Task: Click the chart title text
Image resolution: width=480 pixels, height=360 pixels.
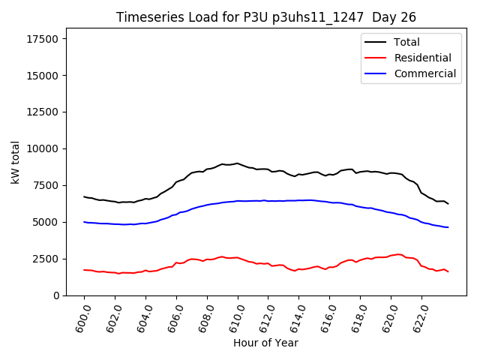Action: point(265,17)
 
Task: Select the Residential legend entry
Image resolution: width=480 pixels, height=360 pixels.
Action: point(422,58)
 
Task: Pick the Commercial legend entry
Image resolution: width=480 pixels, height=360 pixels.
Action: point(424,73)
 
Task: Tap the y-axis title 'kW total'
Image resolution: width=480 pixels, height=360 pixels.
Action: point(16,162)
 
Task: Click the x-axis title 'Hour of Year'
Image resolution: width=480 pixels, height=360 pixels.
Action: point(265,343)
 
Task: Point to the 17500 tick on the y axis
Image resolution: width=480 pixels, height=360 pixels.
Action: point(43,39)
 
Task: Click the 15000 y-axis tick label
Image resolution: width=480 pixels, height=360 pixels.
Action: point(43,76)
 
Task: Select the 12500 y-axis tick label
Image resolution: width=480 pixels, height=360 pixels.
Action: point(43,112)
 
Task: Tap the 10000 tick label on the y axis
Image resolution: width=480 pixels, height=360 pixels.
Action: point(43,149)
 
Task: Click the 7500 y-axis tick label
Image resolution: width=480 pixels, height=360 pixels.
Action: point(46,186)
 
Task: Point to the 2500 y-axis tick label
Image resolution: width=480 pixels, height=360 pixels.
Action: point(46,259)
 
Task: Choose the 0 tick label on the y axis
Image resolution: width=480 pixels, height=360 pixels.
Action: point(56,295)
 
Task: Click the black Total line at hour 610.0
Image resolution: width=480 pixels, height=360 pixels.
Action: point(238,163)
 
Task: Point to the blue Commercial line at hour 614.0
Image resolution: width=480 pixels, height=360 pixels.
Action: point(299,200)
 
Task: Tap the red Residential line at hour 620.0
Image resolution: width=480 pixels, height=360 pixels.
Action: point(391,256)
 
